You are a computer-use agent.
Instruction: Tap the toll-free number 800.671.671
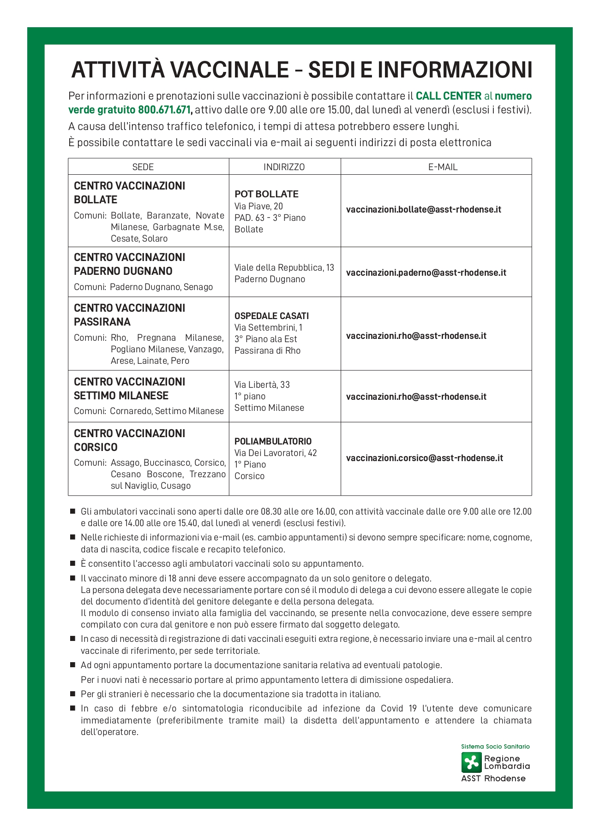click(164, 110)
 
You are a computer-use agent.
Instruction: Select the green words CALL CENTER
click(448, 96)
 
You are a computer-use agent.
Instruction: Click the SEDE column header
click(143, 167)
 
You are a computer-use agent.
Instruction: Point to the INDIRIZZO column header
click(284, 167)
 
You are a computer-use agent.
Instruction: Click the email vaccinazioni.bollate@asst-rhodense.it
click(423, 210)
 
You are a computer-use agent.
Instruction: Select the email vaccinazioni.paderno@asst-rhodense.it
click(426, 273)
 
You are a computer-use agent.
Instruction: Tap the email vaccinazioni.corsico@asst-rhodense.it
click(424, 458)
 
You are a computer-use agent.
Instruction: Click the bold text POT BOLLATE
click(266, 194)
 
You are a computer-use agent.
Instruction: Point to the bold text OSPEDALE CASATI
click(271, 316)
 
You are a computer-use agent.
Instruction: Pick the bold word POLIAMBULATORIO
click(273, 441)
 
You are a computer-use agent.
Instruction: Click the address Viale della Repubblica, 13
click(284, 268)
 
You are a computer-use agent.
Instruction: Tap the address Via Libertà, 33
click(262, 385)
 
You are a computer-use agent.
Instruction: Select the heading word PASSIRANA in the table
click(102, 322)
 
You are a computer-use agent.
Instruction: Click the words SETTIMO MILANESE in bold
click(121, 396)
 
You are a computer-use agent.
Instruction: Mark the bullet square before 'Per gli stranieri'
click(72, 694)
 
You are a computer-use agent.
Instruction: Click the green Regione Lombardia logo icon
click(471, 762)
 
